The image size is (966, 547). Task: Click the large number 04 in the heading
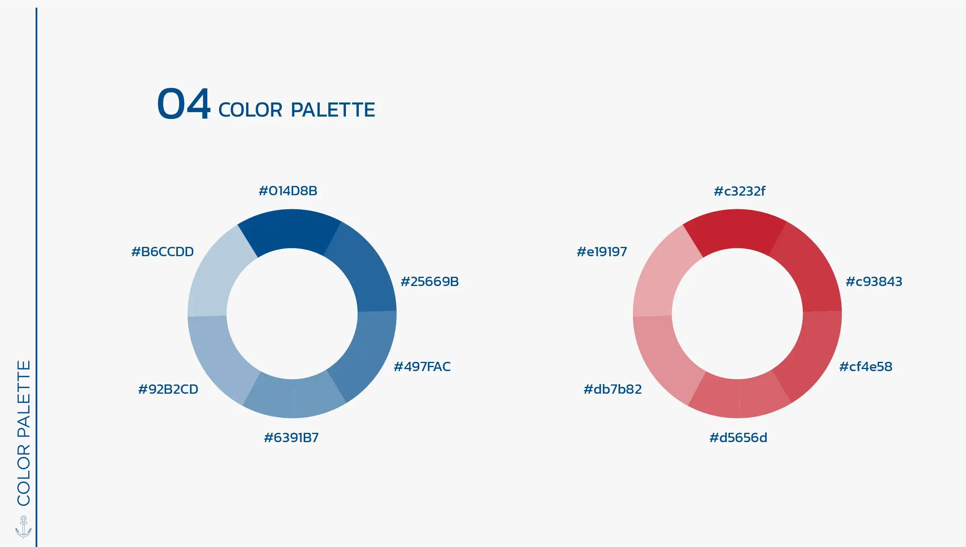pos(184,104)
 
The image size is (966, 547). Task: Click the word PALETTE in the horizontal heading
pos(333,110)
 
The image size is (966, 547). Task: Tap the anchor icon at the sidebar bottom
pos(23,526)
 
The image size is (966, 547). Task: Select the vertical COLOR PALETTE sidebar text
pos(24,433)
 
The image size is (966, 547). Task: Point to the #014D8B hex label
pos(288,191)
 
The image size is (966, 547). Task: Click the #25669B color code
pos(430,282)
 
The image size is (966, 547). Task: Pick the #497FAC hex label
pos(422,367)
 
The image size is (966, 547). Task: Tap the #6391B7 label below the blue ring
pos(291,438)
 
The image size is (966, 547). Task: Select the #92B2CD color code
pos(168,389)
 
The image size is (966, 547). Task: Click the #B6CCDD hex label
pos(162,252)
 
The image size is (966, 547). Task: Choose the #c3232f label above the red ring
pos(739,191)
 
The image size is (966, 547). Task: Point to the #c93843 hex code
pos(874,282)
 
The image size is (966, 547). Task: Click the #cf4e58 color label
pos(866,367)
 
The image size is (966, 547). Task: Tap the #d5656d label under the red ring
pos(738,438)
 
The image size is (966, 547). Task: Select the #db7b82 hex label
pos(613,389)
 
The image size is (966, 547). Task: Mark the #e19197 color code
pos(602,252)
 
